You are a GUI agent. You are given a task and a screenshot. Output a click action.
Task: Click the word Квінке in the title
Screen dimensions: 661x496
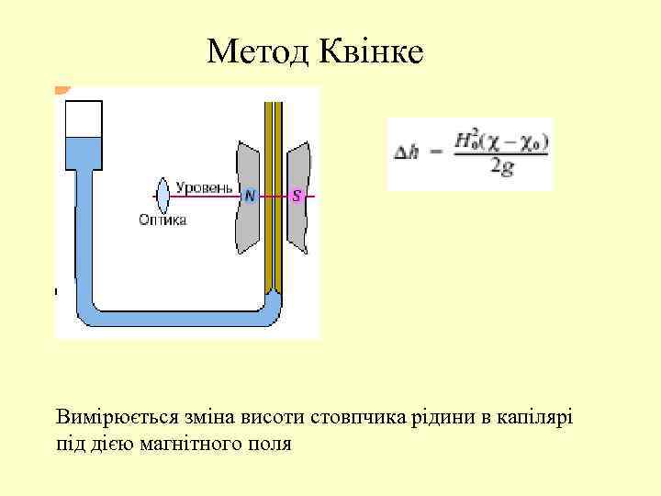(371, 51)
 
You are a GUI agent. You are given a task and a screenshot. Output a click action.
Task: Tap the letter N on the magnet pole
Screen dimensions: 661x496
(250, 196)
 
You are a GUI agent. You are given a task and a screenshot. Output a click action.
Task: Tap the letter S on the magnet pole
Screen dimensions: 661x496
(297, 196)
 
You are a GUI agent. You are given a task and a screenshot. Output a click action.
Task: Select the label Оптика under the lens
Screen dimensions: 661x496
(163, 220)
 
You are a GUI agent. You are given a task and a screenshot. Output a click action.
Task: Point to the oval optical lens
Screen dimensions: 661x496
(163, 195)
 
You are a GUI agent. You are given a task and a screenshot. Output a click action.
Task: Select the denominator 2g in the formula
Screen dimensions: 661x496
(502, 169)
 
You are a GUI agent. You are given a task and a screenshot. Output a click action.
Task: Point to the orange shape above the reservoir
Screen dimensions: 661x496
(62, 90)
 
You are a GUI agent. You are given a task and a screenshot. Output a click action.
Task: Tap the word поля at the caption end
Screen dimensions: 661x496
(270, 444)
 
